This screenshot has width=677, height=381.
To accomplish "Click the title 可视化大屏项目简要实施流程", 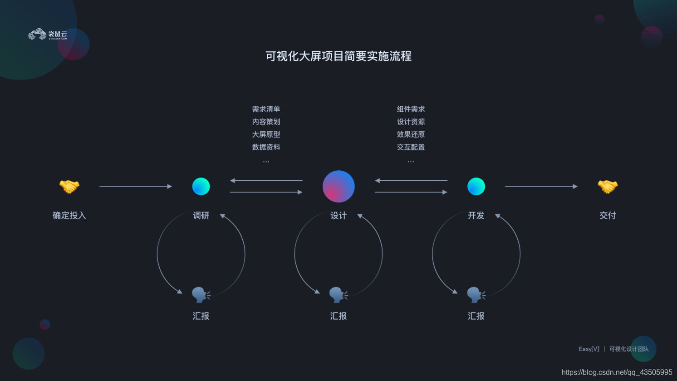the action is coord(338,56).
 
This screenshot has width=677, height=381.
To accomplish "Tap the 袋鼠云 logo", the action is coord(48,35).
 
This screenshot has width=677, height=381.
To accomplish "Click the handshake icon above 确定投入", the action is coord(69,186).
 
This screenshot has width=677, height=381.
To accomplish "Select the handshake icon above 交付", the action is coord(608,186).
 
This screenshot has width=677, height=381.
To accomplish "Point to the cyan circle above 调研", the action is coord(201,186).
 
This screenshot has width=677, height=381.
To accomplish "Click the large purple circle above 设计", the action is coord(338,186).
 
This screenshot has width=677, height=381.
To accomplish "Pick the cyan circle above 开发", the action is coord(476,186).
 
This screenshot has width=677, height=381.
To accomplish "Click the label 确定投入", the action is coord(69,216).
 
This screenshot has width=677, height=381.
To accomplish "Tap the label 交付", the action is coord(608,216).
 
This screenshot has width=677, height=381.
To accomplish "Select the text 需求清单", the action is coord(266,109).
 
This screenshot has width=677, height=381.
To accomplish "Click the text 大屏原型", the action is coord(266,134).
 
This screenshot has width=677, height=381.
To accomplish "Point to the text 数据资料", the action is coord(266,147).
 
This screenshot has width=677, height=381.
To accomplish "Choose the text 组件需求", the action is coord(411,109).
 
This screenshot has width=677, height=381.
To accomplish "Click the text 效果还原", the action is coord(411,134).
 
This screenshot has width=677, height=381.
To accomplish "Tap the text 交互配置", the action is coord(411,147).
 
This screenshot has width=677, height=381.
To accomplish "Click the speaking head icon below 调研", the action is coord(201,295).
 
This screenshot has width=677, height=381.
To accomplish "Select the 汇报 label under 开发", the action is coord(476,316).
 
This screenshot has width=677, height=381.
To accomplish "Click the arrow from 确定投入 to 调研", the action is coord(136,186).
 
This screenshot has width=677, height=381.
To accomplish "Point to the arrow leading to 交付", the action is coord(541,186).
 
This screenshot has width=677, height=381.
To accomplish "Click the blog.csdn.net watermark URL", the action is coord(617,372).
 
